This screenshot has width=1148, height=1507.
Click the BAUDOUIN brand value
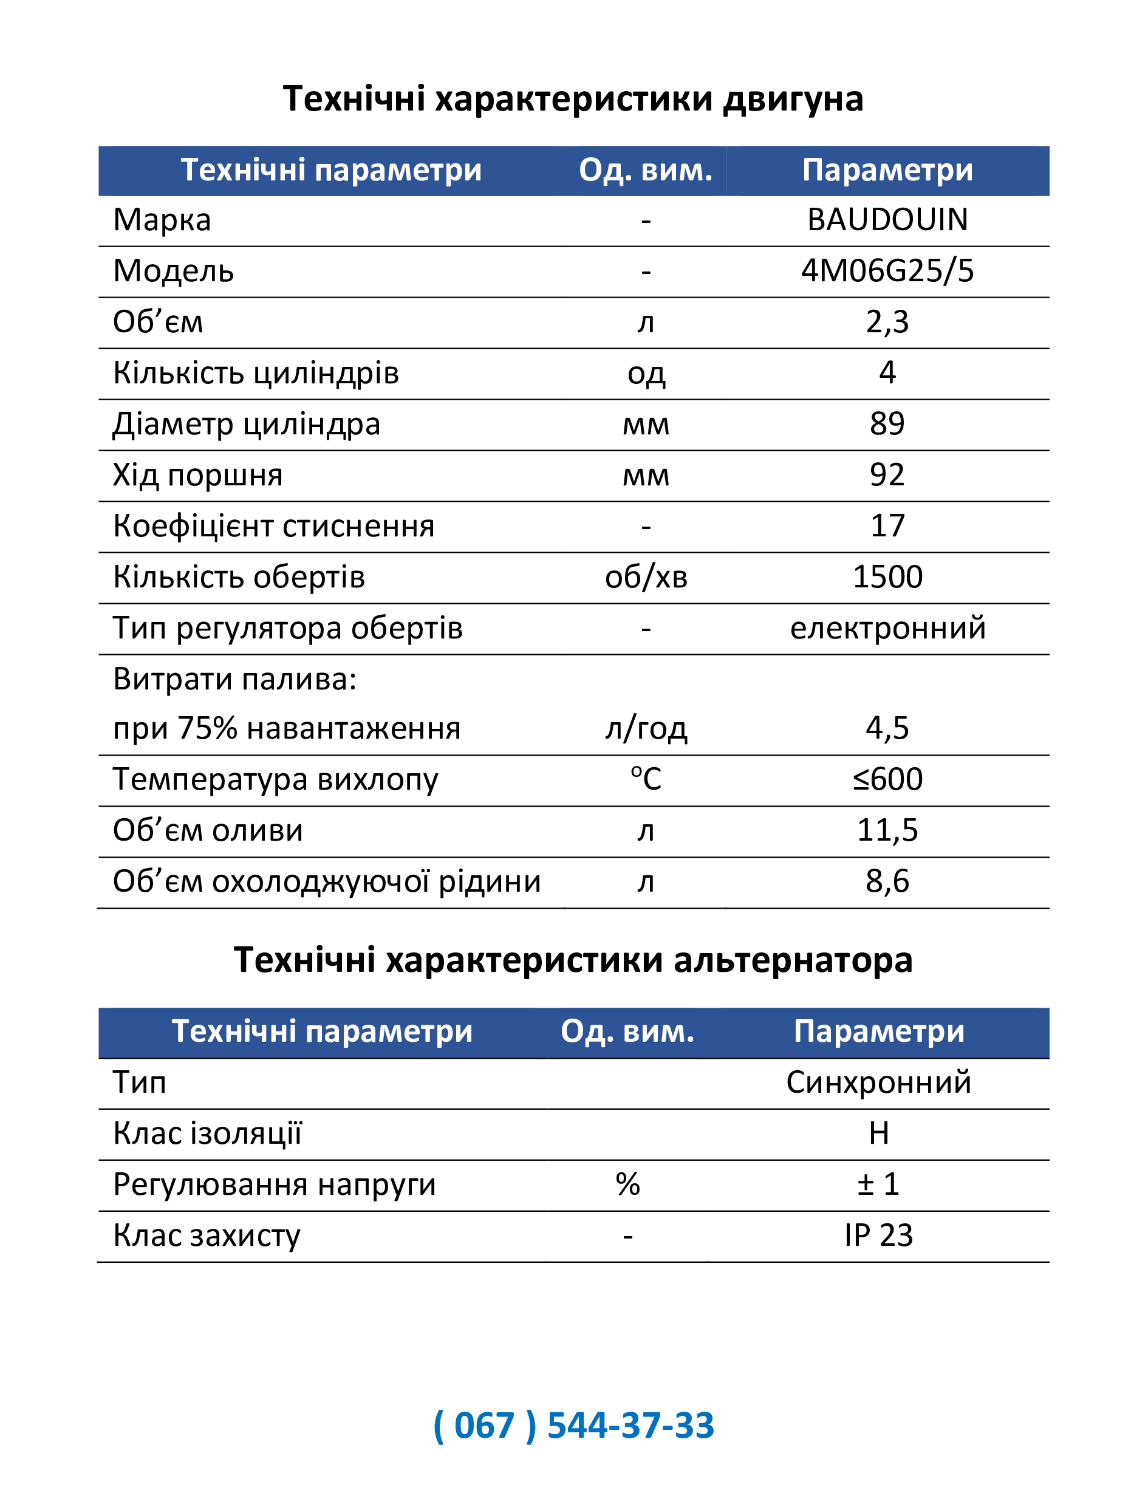click(887, 220)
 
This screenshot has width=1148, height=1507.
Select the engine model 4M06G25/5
click(887, 272)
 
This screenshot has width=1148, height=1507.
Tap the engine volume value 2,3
click(887, 322)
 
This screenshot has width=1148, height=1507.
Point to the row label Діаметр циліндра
click(246, 425)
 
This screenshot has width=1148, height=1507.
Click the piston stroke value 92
click(887, 475)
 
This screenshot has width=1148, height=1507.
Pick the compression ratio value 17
click(887, 526)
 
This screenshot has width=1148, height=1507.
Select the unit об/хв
click(646, 578)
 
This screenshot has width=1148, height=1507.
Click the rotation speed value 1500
click(887, 578)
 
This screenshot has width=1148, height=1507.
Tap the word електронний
click(887, 628)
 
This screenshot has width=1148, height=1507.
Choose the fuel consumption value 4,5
click(887, 728)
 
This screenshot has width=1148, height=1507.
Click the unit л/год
click(646, 728)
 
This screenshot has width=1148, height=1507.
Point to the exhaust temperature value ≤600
click(887, 780)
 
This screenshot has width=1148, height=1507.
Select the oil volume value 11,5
click(887, 830)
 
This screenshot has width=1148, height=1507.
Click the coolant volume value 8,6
click(887, 881)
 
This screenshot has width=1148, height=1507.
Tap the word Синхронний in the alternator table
click(878, 1082)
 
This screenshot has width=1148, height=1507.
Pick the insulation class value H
click(878, 1134)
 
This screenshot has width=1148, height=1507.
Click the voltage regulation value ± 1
click(878, 1184)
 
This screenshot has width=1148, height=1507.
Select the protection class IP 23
click(878, 1235)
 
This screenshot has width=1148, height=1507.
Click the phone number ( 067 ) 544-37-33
click(573, 1426)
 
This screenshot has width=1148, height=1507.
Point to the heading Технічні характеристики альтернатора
click(573, 960)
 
